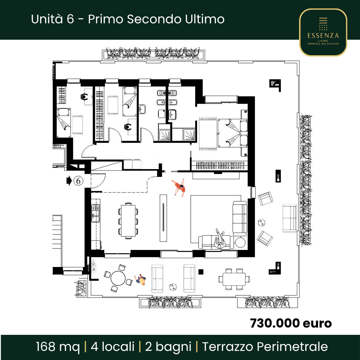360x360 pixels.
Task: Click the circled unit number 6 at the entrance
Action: click(x=78, y=181)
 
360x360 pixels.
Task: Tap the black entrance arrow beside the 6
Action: click(x=69, y=181)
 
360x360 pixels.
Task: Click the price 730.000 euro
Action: click(x=291, y=323)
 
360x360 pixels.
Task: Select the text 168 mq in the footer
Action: click(x=58, y=346)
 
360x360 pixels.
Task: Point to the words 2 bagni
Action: click(x=168, y=347)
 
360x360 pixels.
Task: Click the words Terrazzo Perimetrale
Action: click(x=265, y=346)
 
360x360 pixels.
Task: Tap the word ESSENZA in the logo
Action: click(x=323, y=35)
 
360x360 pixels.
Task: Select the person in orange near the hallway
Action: click(x=179, y=187)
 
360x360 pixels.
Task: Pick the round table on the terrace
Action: click(x=118, y=278)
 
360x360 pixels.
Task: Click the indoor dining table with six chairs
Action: click(x=128, y=221)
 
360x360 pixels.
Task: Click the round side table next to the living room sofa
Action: click(x=240, y=242)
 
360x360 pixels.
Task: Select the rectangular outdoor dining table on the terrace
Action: click(x=234, y=279)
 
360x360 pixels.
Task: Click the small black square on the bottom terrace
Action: click(x=201, y=272)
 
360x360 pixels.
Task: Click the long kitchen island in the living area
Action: click(x=163, y=218)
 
